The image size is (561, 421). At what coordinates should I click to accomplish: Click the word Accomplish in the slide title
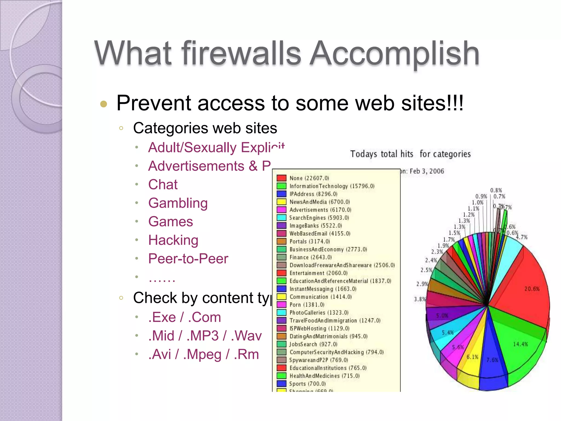coord(394,54)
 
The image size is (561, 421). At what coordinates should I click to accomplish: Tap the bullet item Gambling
coord(178,203)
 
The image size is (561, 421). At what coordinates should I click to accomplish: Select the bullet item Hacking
coord(173,240)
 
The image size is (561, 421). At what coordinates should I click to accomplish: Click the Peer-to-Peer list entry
coord(188,259)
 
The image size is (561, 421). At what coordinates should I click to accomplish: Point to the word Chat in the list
coord(163,184)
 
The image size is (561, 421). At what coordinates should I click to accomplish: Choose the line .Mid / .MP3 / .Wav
coord(205,336)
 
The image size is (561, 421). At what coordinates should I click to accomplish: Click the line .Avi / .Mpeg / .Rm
coord(203,354)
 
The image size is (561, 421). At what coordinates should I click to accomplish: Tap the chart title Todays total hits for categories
coord(410,154)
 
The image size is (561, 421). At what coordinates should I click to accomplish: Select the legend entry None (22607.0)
coord(309,178)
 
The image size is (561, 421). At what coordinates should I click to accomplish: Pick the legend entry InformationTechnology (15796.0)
coord(332,186)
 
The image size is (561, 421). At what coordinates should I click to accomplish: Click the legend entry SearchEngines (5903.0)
coord(319,218)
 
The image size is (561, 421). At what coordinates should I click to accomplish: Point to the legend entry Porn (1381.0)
coord(307,305)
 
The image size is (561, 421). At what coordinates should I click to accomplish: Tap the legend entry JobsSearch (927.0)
coord(313,344)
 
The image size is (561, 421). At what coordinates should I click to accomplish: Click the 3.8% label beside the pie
coord(420,299)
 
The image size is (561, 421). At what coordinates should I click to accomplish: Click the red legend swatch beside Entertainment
coord(281,273)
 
